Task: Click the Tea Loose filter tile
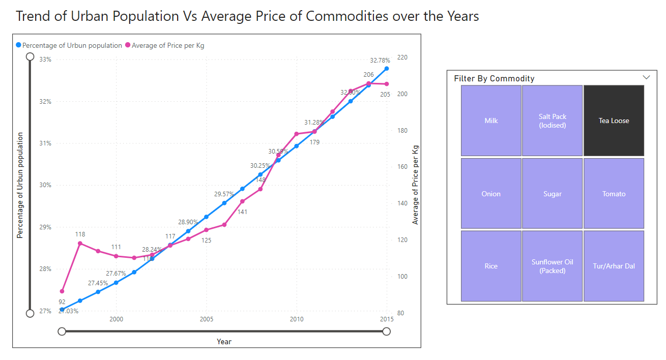[614, 121]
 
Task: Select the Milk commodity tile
[491, 121]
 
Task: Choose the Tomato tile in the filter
[614, 194]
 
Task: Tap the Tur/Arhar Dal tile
[614, 266]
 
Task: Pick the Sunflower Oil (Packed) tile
[552, 266]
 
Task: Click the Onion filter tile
[491, 194]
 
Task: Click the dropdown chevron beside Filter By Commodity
[646, 77]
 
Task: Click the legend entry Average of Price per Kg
[167, 45]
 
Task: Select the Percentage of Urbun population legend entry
[72, 45]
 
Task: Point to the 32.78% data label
[380, 60]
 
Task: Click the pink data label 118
[80, 234]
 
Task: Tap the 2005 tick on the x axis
[206, 319]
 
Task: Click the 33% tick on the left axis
[45, 59]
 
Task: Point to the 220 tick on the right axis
[402, 57]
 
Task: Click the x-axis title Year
[224, 341]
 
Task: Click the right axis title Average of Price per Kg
[415, 185]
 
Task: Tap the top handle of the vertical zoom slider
[30, 56]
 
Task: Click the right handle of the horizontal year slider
[386, 332]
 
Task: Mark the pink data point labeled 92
[62, 291]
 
